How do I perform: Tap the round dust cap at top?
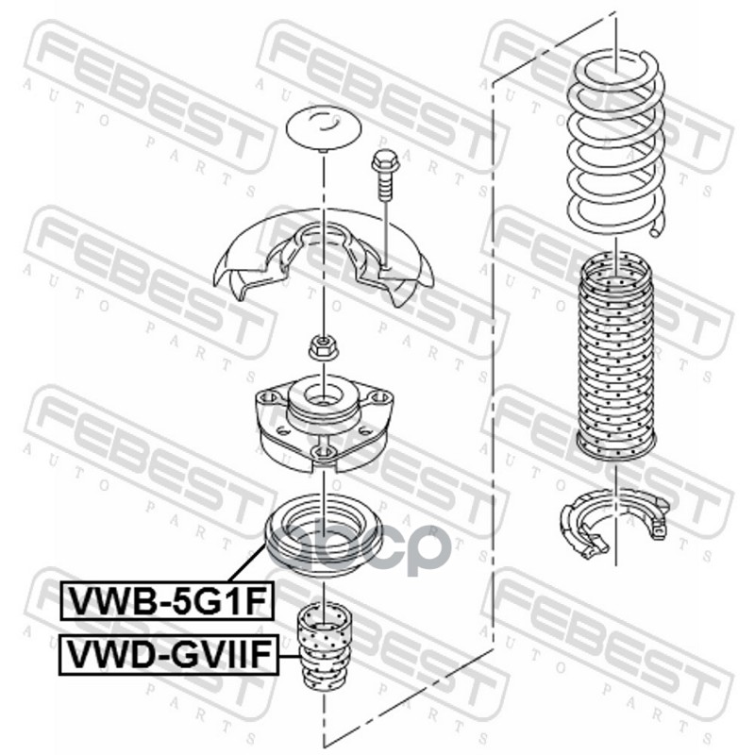pyautogui.click(x=324, y=128)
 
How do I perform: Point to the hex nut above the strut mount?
pyautogui.click(x=323, y=346)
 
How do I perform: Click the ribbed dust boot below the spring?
pyautogui.click(x=614, y=354)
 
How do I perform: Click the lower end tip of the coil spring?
pyautogui.click(x=659, y=226)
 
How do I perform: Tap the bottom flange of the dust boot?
pyautogui.click(x=614, y=445)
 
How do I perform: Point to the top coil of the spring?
pyautogui.click(x=614, y=71)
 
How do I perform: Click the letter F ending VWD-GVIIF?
pyautogui.click(x=265, y=655)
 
